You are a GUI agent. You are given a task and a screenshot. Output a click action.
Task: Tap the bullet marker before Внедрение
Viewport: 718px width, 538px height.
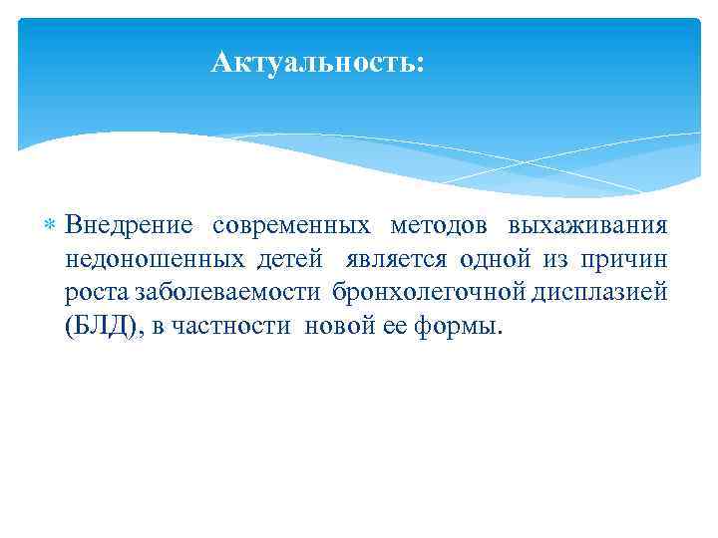click(x=52, y=227)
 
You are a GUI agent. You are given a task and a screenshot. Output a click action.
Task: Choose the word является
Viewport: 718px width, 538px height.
click(x=398, y=260)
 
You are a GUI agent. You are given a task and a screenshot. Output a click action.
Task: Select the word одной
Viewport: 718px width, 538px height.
click(x=496, y=260)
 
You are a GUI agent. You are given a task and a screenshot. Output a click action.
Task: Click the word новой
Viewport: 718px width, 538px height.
click(x=337, y=328)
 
